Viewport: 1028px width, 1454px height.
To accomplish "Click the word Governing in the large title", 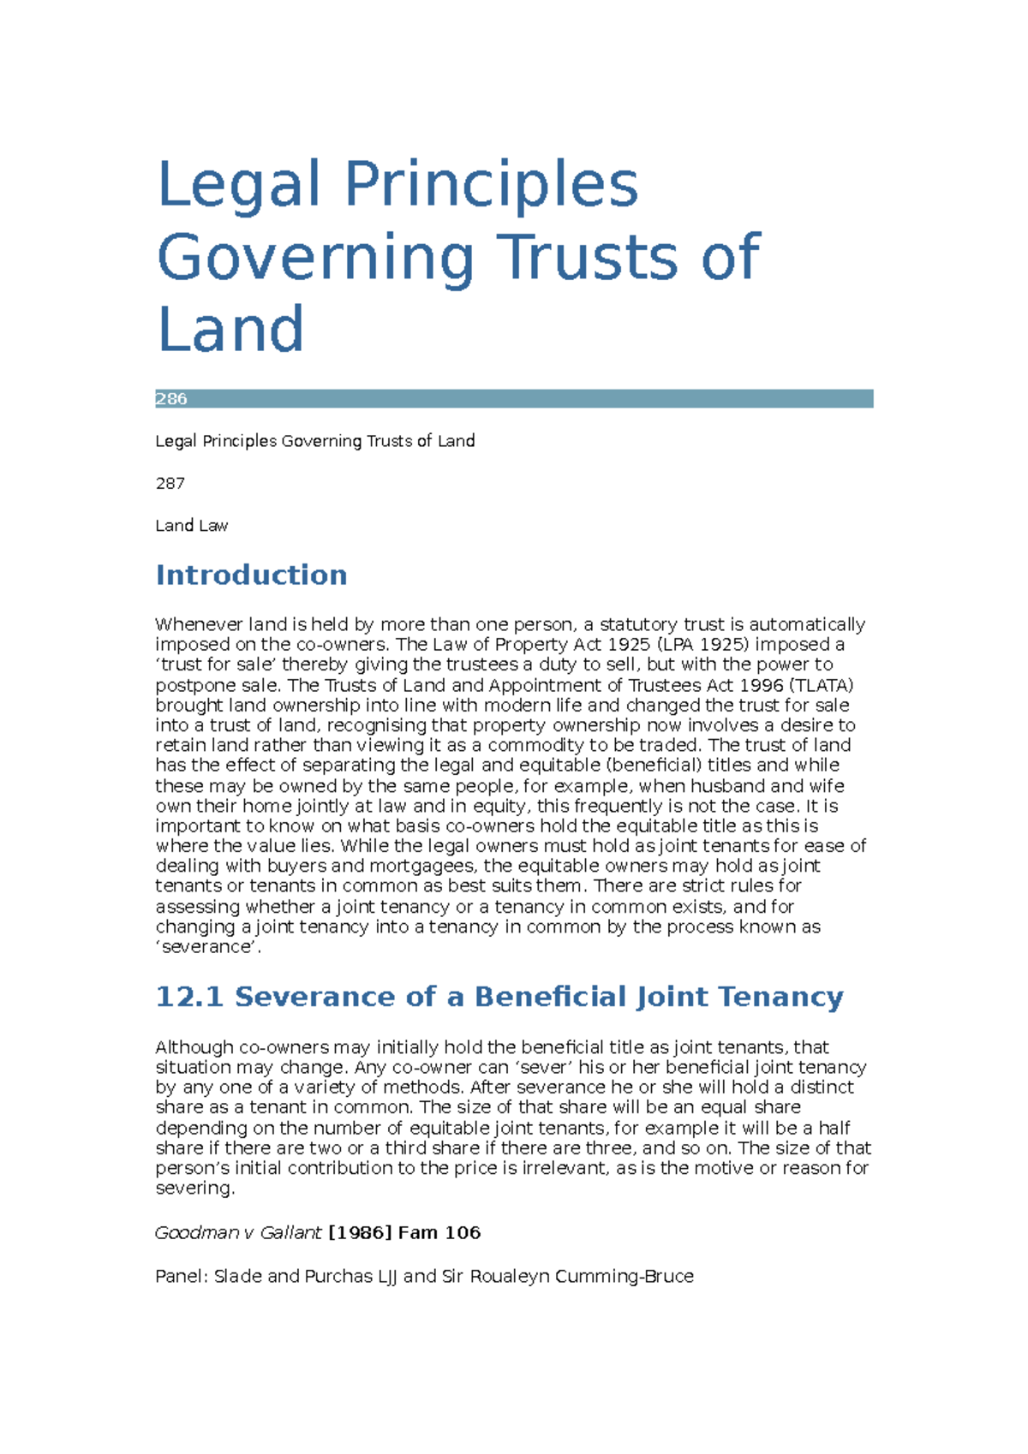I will coord(315,258).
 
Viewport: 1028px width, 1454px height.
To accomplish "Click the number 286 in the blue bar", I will coord(171,399).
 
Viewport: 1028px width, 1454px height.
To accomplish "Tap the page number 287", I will coord(170,484).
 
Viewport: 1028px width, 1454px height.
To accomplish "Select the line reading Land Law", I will coord(191,526).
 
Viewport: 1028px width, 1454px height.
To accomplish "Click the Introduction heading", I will coord(251,575).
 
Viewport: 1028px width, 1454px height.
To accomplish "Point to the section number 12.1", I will coord(189,997).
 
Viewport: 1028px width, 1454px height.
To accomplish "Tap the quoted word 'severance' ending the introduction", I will coord(208,947).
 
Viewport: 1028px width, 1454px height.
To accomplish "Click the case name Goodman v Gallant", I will coord(238,1233).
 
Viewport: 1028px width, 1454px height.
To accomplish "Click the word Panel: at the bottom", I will coord(181,1277).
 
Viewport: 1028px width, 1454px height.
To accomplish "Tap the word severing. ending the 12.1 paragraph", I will coord(194,1189).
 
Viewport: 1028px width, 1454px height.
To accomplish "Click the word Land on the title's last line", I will coord(230,330).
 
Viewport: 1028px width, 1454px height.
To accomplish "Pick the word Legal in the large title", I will coord(239,185).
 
